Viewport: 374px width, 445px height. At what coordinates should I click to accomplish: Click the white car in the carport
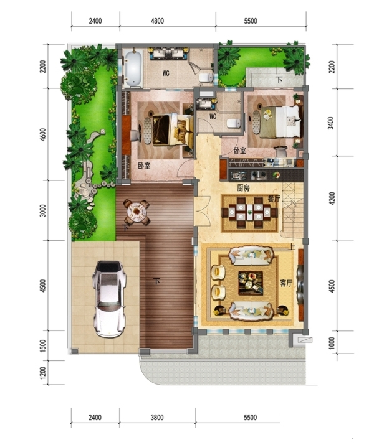tap(110, 299)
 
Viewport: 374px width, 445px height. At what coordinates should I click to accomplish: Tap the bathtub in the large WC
tap(133, 68)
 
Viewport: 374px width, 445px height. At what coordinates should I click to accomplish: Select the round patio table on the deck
tap(137, 212)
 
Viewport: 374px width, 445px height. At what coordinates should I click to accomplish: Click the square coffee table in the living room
tap(251, 283)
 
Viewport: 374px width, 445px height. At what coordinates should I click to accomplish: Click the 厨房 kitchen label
tap(244, 188)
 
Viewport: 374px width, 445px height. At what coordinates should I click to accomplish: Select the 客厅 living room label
tap(286, 283)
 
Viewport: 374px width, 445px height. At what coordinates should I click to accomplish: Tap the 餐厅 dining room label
tap(274, 199)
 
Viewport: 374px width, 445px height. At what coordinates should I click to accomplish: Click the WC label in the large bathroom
tap(166, 73)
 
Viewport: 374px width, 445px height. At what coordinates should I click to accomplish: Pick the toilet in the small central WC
tap(234, 123)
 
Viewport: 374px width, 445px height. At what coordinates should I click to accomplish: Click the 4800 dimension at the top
tap(157, 21)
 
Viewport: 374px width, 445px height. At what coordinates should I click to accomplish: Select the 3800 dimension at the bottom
tap(157, 418)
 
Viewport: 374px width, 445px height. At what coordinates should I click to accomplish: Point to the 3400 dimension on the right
tap(332, 123)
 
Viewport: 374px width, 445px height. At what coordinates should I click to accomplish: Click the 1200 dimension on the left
tap(42, 373)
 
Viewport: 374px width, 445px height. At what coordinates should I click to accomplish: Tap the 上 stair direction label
tap(292, 247)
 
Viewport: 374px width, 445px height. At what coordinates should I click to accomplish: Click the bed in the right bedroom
tap(280, 122)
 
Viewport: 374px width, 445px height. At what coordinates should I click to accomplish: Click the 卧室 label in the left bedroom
tap(145, 166)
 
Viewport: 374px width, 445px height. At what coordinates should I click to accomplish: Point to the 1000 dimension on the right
tap(332, 344)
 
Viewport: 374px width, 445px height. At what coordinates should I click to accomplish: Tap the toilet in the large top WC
tap(206, 77)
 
